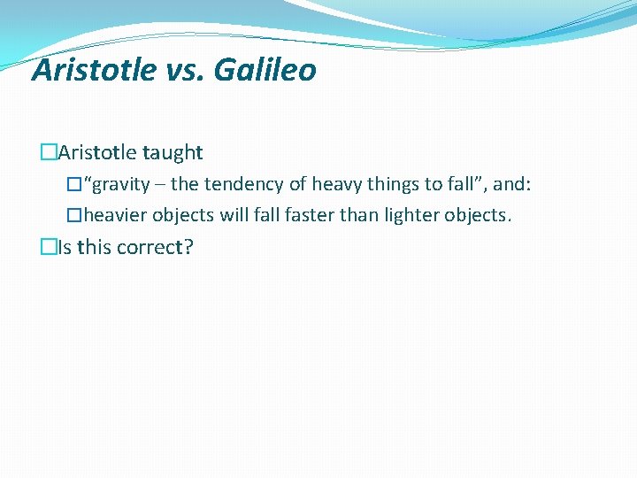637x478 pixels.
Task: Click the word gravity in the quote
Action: click(x=121, y=185)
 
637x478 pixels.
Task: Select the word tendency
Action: click(x=243, y=185)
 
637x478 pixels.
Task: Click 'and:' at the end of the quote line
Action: click(x=512, y=185)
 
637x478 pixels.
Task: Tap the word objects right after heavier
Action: click(x=183, y=216)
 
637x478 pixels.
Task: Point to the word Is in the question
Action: click(x=64, y=248)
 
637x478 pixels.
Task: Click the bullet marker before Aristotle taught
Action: click(x=48, y=153)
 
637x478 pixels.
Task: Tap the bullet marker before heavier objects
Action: click(x=74, y=216)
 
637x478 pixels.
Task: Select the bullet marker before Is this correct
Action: click(x=48, y=248)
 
